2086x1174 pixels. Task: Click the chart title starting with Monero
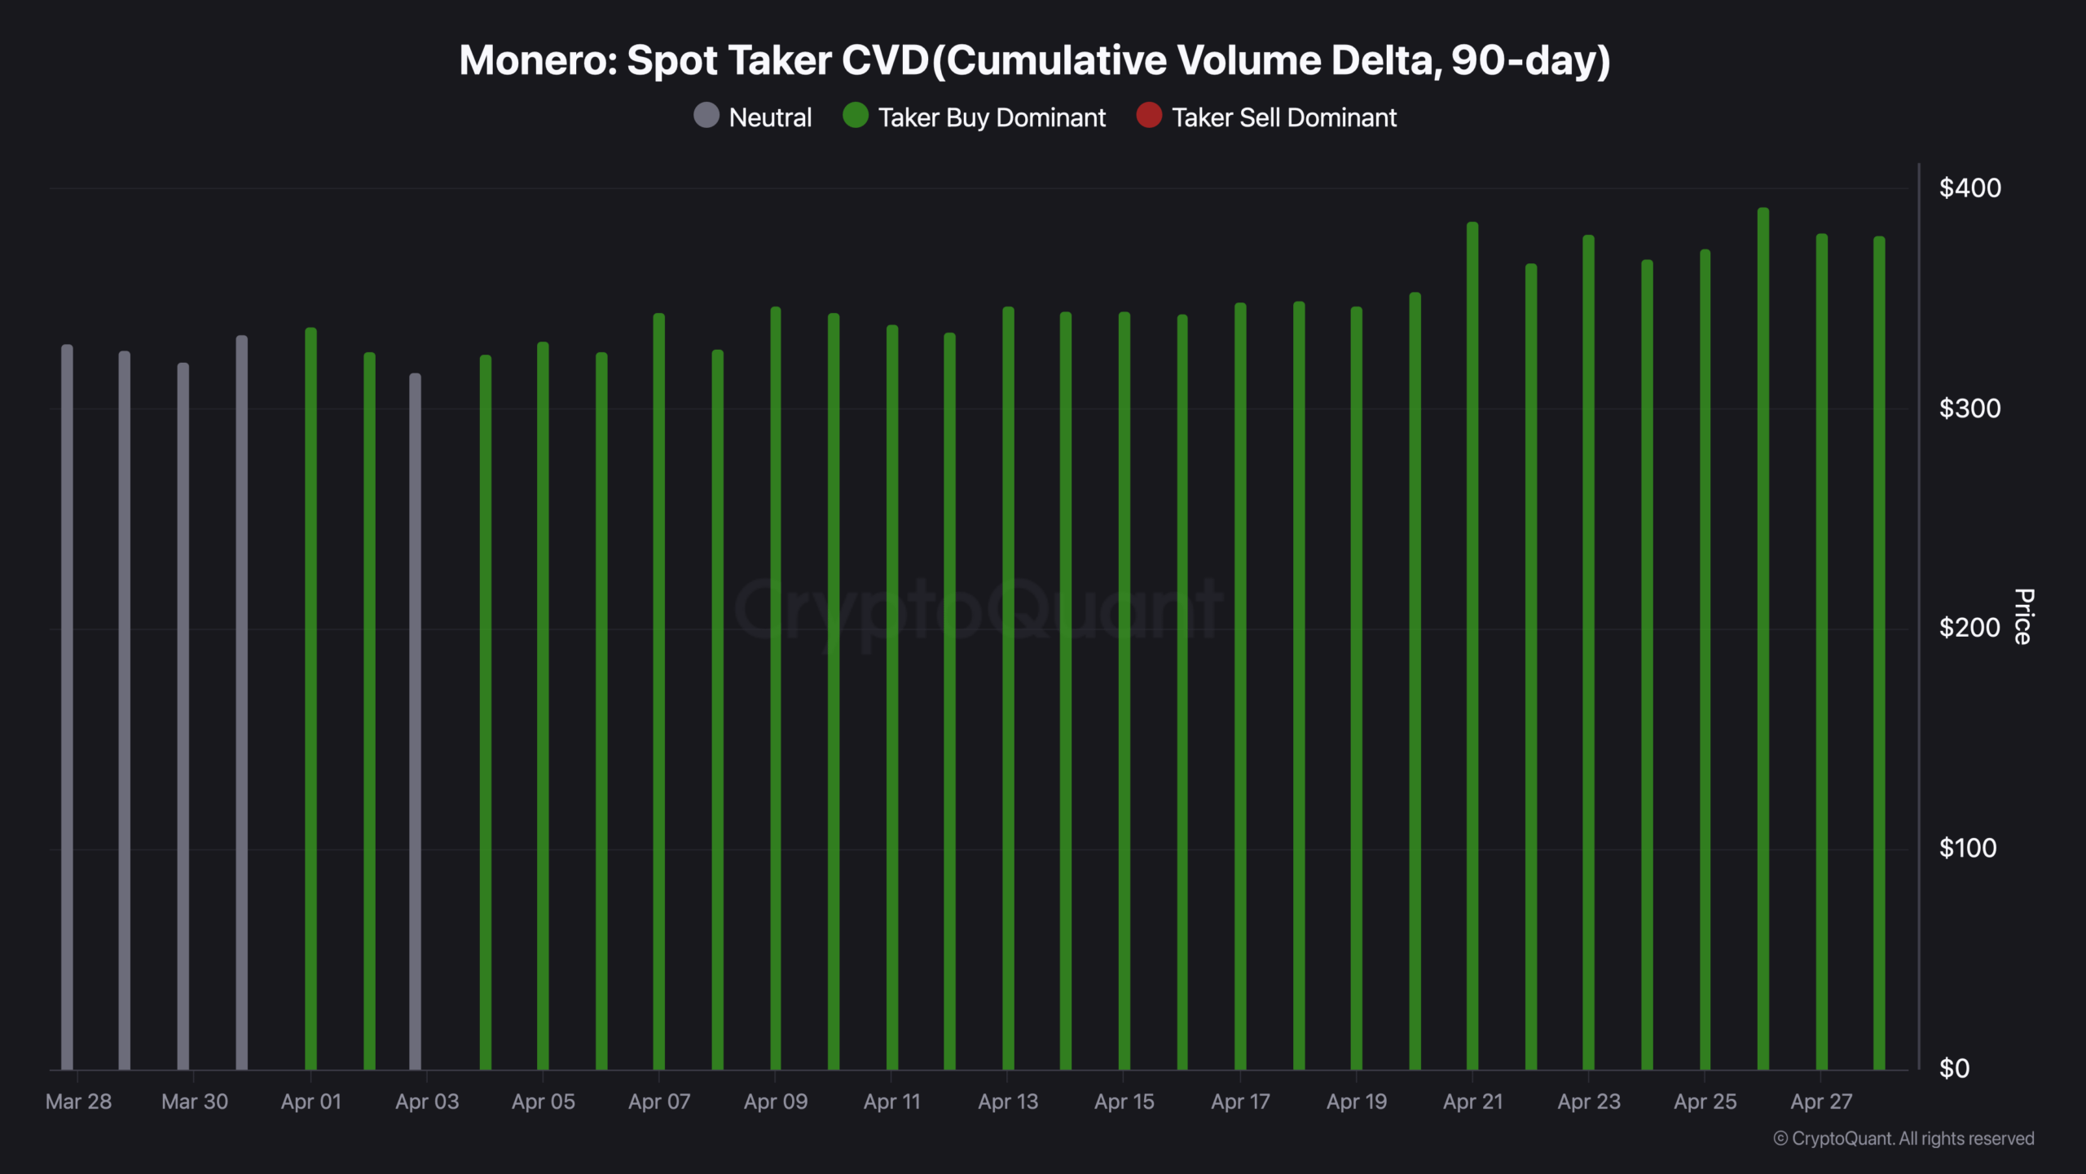click(1034, 61)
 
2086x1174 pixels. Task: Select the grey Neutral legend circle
click(706, 116)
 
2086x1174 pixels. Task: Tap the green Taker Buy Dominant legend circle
click(856, 116)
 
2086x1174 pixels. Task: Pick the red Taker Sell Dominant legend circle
click(1149, 116)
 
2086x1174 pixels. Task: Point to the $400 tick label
click(1969, 188)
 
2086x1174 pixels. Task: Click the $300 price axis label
click(1969, 408)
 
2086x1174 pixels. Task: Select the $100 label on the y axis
click(1968, 849)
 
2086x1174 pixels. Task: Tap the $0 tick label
click(1954, 1069)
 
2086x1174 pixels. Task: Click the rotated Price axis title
click(2023, 616)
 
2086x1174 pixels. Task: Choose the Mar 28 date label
click(78, 1102)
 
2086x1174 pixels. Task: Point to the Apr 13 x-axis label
click(1008, 1102)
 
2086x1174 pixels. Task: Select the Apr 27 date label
click(1821, 1102)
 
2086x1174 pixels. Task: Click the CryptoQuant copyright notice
click(1903, 1139)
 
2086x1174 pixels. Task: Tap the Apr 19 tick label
click(1357, 1102)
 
